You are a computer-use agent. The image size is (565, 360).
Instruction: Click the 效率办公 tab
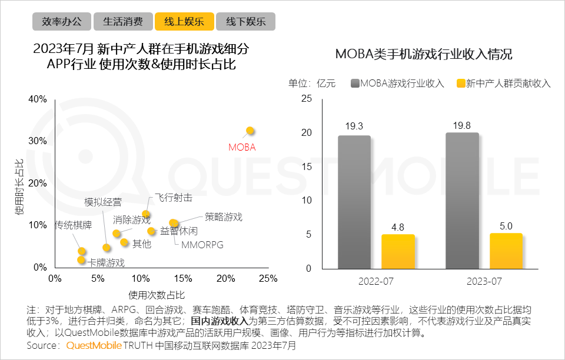point(62,22)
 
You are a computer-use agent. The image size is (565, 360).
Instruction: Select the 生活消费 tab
point(123,22)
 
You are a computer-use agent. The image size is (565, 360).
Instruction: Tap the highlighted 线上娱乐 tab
point(184,22)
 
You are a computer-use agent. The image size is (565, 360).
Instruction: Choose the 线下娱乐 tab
point(245,22)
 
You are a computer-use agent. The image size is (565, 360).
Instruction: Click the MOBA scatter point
point(250,130)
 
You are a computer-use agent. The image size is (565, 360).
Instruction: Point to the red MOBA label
point(242,147)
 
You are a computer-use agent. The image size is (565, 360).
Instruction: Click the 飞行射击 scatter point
point(146,214)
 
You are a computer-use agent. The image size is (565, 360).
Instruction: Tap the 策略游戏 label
point(224,216)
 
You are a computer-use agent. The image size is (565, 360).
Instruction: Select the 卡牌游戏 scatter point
point(81,259)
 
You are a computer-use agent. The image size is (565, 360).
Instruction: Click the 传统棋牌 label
point(73,225)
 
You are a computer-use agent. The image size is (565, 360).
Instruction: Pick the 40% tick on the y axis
point(38,99)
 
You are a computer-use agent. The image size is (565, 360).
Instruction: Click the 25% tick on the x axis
point(268,278)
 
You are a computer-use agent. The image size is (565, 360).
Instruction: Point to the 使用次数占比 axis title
point(156,294)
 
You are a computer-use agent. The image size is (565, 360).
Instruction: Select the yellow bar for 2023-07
point(506,251)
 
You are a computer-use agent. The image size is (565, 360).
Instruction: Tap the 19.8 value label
point(462,125)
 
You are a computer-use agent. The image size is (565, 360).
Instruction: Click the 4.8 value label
point(398,226)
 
